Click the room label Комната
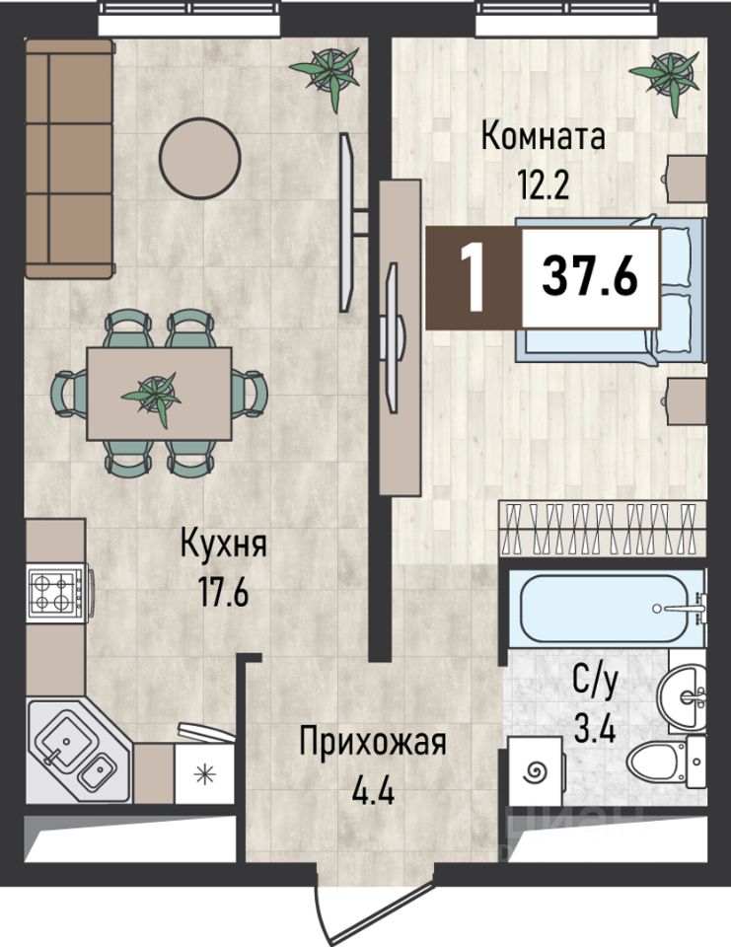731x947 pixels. point(544,137)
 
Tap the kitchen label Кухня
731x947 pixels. point(224,544)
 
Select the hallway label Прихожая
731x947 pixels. point(373,743)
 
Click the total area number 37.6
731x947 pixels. point(590,276)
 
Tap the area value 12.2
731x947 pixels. point(544,184)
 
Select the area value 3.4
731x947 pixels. point(595,731)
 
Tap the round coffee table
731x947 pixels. point(200,158)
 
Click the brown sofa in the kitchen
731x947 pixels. point(70,159)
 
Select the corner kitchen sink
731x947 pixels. point(79,751)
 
